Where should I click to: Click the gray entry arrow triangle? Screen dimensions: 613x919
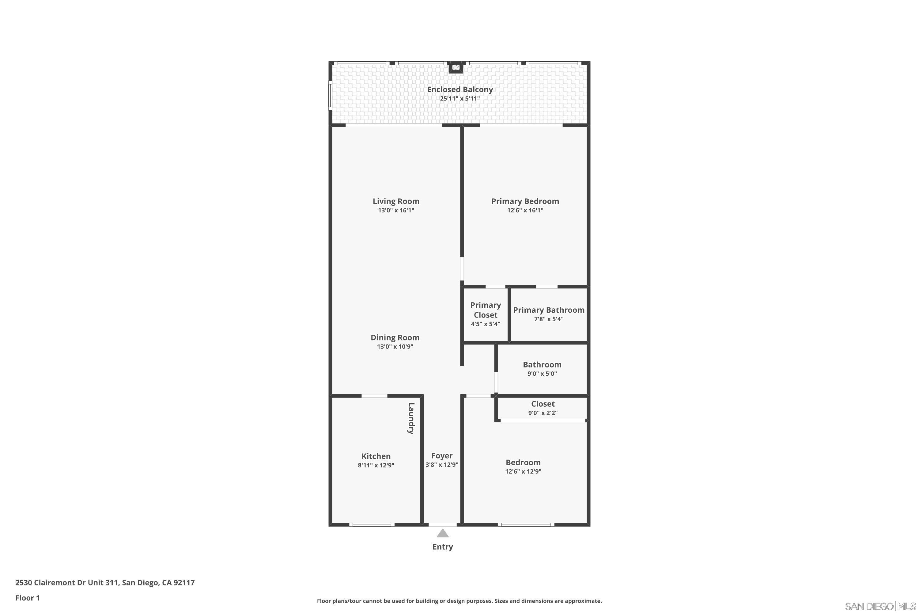tap(442, 533)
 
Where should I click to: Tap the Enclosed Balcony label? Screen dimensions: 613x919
tap(459, 89)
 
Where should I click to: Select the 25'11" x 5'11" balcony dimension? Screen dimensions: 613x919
tap(459, 98)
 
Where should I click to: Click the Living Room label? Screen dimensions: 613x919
tap(396, 201)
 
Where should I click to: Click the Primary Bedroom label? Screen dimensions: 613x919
tap(525, 201)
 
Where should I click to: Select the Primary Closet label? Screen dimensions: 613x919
tap(485, 310)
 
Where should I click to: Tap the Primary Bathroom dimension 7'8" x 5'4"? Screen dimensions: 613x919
tap(549, 319)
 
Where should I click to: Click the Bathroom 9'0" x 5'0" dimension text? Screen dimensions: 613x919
tap(542, 374)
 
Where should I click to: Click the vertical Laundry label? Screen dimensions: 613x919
tap(411, 418)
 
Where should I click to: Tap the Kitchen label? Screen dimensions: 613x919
tap(376, 456)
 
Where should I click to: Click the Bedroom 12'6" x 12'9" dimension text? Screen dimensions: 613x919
tap(523, 471)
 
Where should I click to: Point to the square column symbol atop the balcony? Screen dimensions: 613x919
tap(455, 68)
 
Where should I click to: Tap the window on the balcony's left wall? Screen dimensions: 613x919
tap(330, 95)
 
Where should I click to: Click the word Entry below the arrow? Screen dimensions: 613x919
tap(442, 547)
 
